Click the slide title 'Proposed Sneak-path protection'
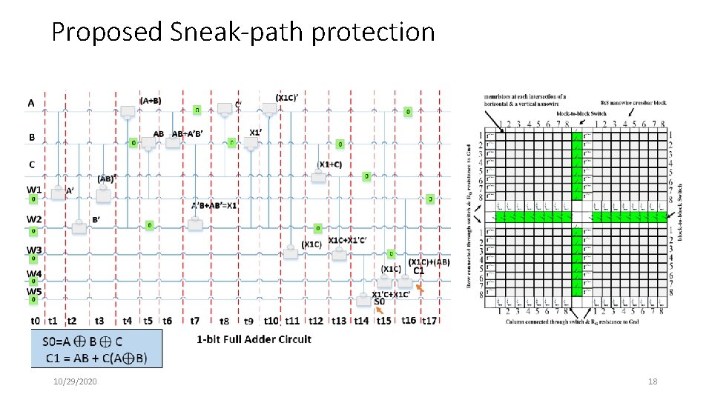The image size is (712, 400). pos(243,32)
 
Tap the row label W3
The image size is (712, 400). pos(34,250)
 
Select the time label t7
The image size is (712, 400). pos(194,321)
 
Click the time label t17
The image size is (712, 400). pos(429,321)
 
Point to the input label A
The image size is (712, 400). pos(31,103)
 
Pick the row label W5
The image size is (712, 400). pos(34,291)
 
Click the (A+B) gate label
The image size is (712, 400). pos(151,101)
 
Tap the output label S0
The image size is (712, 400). pos(379,302)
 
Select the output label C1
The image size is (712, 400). pos(419,270)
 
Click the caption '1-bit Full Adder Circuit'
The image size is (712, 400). pos(254,339)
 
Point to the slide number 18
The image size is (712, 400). pos(653,381)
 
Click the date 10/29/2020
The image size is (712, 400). pos(76,381)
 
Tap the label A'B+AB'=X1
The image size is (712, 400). pos(214,205)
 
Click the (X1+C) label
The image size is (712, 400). pos(330,164)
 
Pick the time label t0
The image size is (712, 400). pos(35,321)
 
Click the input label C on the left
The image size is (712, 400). pos(31,164)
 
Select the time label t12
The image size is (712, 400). pos(316,321)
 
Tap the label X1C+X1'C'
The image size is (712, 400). pos(346,239)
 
